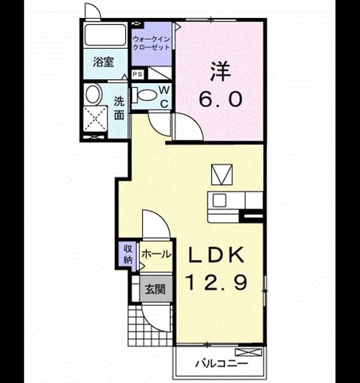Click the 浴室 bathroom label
pyautogui.click(x=103, y=62)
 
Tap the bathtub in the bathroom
pyautogui.click(x=105, y=35)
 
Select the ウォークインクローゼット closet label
pyautogui.click(x=151, y=43)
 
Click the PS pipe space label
pyautogui.click(x=137, y=74)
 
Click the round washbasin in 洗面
pyautogui.click(x=94, y=94)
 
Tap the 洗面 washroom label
pyautogui.click(x=120, y=108)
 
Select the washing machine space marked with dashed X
pyautogui.click(x=95, y=119)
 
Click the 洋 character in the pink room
pyautogui.click(x=221, y=71)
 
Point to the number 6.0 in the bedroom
pyautogui.click(x=221, y=99)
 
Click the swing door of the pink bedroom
pyautogui.click(x=188, y=127)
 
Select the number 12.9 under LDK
pyautogui.click(x=216, y=282)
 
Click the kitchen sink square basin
pyautogui.click(x=219, y=201)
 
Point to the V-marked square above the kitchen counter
pyautogui.click(x=222, y=174)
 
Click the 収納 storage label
pyautogui.click(x=128, y=255)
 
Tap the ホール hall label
pyautogui.click(x=156, y=255)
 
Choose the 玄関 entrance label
pyautogui.click(x=155, y=290)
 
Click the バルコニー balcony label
pyautogui.click(x=221, y=364)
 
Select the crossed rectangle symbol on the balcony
pyautogui.click(x=248, y=352)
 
